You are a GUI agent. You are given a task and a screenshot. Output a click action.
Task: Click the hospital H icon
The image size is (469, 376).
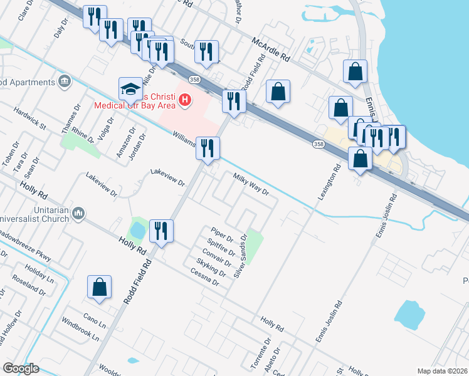(x=184, y=99)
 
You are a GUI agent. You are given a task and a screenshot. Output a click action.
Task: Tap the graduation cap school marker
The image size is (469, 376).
(x=131, y=90)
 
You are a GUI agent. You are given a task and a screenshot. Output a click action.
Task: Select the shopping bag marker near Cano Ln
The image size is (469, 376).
(x=99, y=288)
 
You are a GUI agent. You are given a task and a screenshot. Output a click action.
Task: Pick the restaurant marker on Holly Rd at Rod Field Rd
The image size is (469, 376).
(x=161, y=231)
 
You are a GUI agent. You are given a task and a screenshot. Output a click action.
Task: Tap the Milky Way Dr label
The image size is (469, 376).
(x=251, y=184)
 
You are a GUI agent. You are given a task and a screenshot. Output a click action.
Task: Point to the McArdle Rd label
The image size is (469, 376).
(x=270, y=48)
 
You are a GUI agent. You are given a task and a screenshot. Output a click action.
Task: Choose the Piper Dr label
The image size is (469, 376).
(x=222, y=235)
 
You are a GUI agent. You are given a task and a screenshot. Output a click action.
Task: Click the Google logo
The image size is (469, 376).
(x=21, y=368)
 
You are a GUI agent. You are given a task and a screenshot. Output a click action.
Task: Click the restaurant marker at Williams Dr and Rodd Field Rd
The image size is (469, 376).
(x=208, y=149)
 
